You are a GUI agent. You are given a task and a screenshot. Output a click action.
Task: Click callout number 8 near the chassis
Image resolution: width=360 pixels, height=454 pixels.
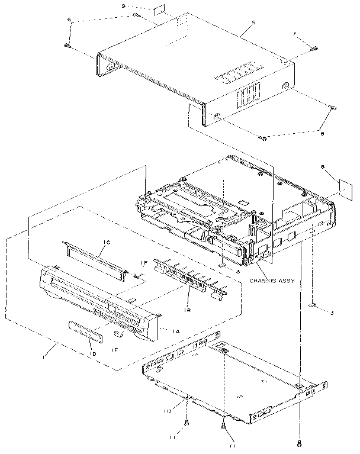coord(321,168)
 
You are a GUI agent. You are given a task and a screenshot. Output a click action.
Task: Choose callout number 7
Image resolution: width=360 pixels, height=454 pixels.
coord(295,36)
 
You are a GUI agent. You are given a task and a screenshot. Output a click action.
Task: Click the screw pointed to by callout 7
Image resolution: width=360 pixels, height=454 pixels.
coord(315,49)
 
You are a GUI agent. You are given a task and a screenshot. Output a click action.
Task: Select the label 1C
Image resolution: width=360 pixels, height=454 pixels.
coord(107,242)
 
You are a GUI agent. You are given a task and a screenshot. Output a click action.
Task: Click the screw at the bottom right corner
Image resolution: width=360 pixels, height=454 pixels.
coord(301,443)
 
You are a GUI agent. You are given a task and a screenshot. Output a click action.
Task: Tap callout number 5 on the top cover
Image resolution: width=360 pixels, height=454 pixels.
coord(253,22)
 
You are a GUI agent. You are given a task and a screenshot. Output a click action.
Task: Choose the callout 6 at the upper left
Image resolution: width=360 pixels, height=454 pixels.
coord(70,20)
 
